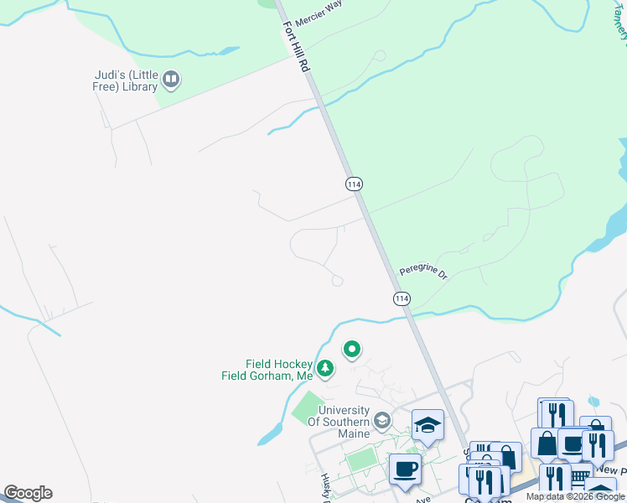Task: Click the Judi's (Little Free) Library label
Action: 125,80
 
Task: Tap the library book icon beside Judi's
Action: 172,80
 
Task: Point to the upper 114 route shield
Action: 353,183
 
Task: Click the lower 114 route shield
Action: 402,298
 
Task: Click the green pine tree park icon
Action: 324,367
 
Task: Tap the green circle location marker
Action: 352,349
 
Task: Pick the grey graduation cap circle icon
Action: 382,418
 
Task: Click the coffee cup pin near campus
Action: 405,469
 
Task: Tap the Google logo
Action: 28,493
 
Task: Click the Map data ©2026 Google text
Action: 574,496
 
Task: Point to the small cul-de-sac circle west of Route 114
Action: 337,282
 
